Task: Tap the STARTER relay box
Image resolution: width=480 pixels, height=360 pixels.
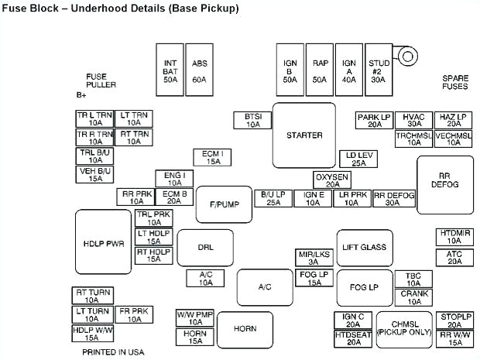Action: [303, 135]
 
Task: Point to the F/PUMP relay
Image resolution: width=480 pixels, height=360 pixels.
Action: [224, 204]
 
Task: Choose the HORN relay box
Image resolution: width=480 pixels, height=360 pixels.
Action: [245, 329]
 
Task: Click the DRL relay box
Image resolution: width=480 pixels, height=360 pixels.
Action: [205, 248]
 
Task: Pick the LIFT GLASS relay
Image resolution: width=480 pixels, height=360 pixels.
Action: [365, 248]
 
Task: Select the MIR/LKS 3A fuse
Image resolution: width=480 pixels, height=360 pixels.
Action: [314, 258]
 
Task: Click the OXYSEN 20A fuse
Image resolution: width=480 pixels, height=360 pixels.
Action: [332, 180]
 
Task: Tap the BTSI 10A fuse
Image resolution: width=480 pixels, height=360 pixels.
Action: [253, 120]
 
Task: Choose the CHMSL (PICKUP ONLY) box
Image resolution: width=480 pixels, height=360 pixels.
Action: [404, 328]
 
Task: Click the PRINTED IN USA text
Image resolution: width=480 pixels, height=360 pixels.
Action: [113, 351]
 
